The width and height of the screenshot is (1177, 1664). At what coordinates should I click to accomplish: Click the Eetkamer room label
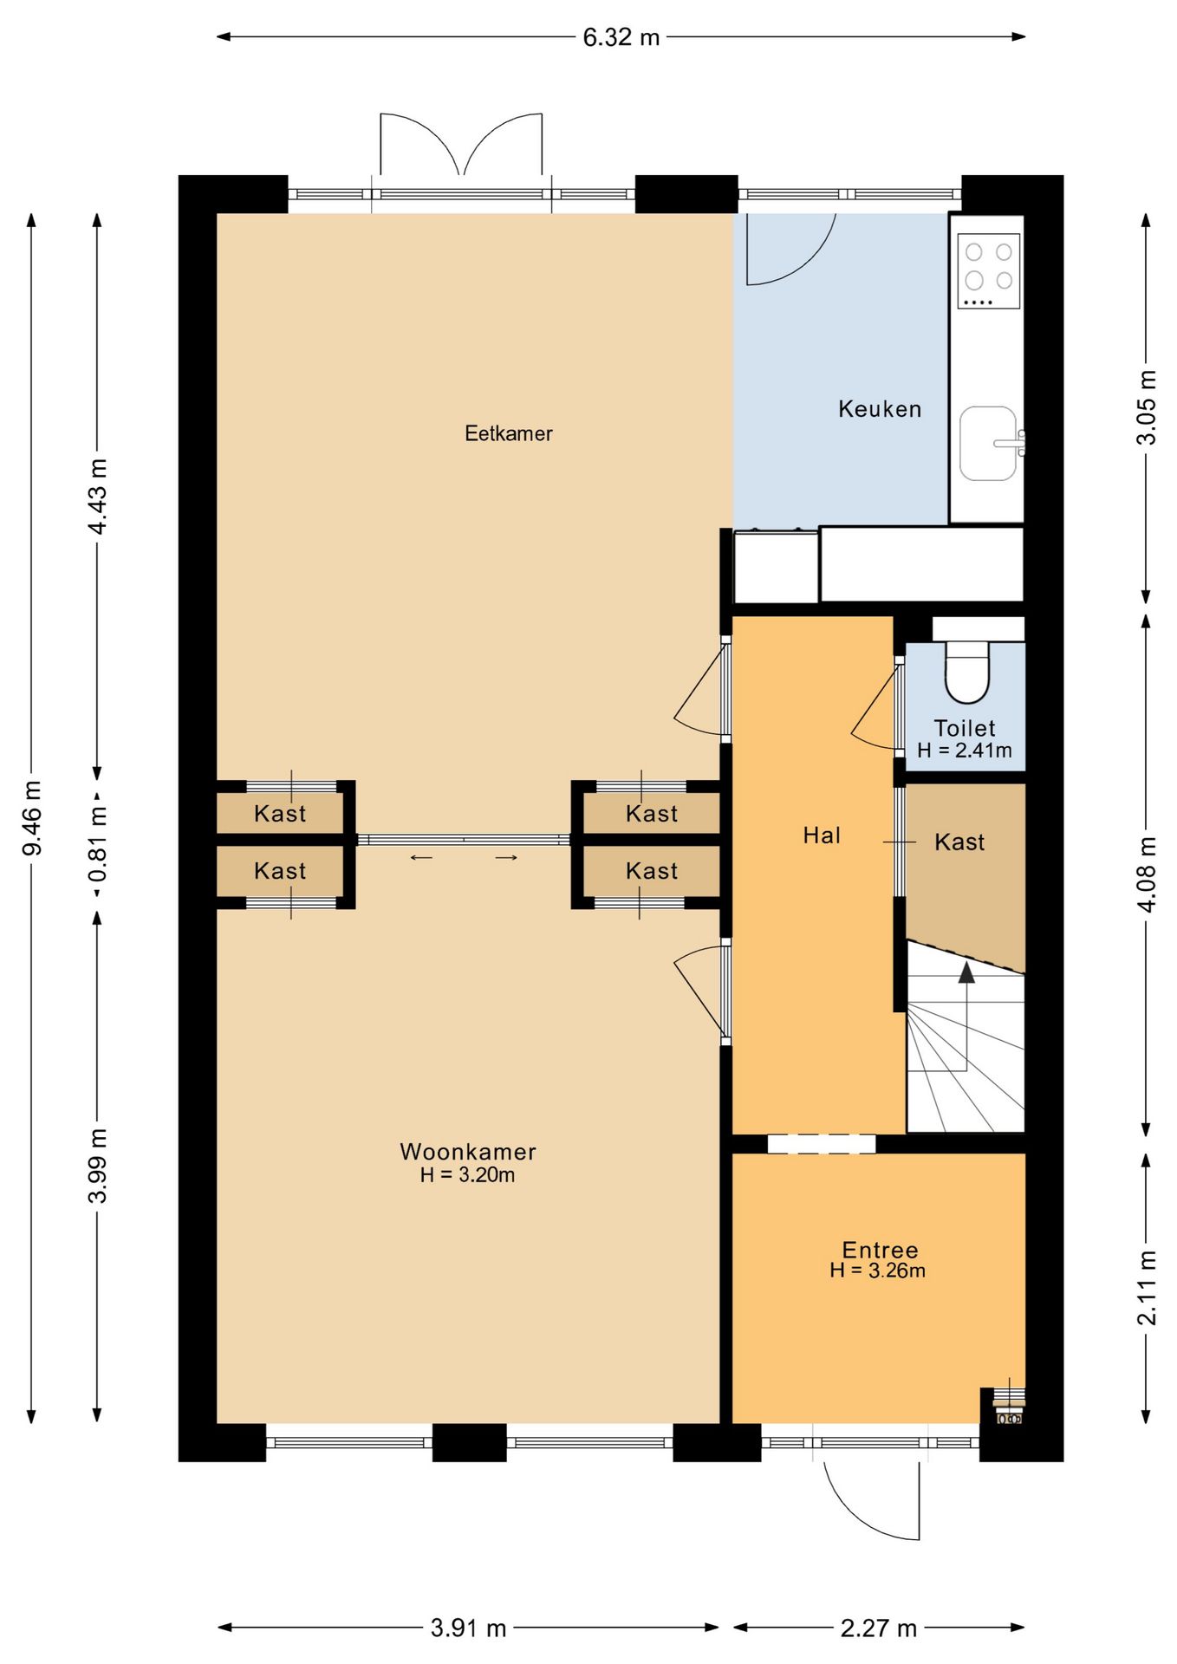509,433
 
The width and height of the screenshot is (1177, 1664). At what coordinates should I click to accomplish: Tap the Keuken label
880,409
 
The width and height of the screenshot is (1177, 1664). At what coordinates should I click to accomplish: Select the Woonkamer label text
468,1152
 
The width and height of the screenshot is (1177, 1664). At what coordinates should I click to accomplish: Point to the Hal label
822,835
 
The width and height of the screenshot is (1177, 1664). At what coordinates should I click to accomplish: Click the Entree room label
881,1250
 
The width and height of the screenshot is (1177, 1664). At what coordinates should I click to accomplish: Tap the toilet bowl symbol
966,672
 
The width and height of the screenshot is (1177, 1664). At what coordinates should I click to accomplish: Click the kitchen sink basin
988,443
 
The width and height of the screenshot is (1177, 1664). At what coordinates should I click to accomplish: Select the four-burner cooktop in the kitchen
989,271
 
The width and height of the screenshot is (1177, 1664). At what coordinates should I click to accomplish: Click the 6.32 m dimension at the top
621,37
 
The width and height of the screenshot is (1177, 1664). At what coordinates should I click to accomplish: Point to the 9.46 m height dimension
32,817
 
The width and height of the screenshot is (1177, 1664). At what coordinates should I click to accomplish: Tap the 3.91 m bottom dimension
469,1628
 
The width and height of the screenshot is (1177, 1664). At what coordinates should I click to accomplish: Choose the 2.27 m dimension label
879,1628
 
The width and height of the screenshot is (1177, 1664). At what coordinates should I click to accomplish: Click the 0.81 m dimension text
98,843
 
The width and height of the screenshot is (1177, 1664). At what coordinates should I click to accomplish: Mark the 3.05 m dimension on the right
1147,407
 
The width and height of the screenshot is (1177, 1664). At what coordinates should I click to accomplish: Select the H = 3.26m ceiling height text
878,1271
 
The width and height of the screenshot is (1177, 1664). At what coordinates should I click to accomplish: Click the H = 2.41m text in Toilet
965,751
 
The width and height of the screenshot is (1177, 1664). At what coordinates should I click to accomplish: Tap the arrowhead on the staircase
966,972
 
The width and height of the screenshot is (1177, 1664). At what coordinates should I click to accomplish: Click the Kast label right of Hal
959,842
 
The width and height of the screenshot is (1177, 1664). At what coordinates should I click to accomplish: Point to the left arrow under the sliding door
421,858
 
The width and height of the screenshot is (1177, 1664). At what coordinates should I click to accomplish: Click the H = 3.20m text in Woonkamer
468,1175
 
